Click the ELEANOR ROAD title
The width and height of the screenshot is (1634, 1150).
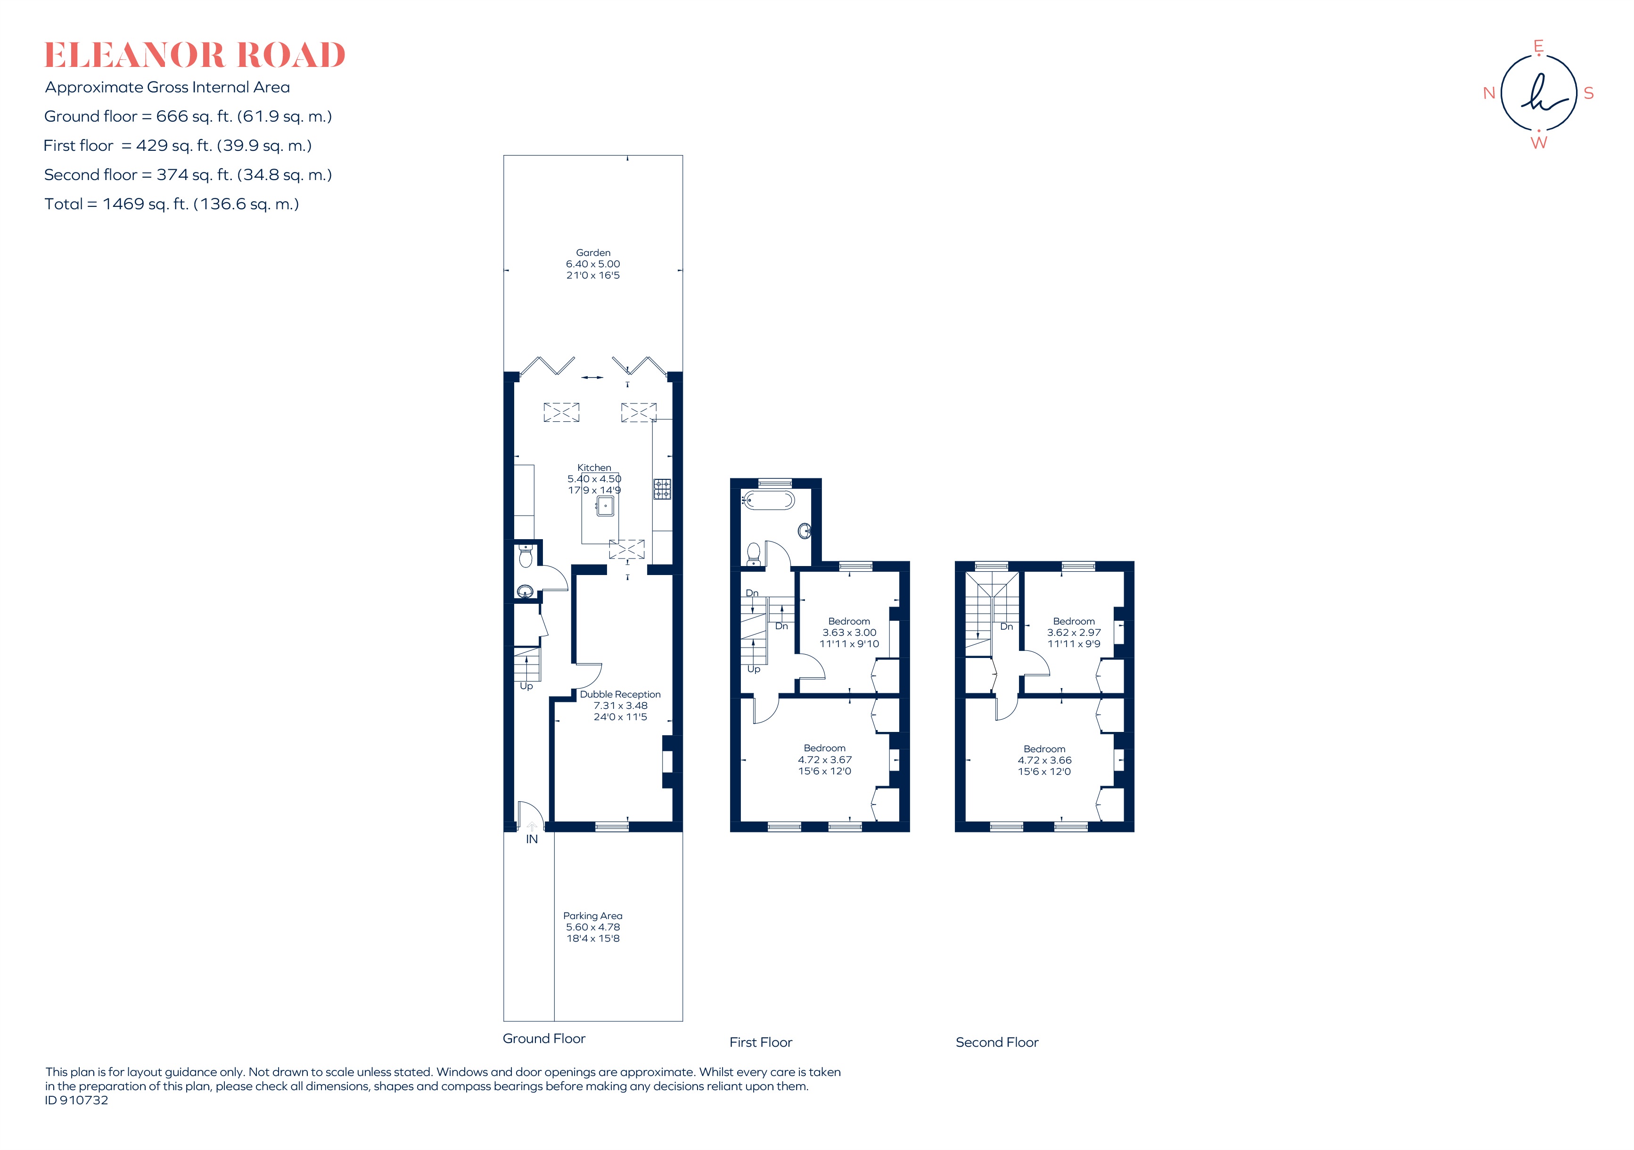194,56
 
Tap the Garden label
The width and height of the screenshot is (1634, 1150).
593,253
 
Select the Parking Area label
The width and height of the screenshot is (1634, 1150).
593,916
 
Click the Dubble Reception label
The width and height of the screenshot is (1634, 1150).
620,695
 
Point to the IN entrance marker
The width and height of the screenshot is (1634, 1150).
532,840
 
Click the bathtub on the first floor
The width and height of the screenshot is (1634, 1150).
769,500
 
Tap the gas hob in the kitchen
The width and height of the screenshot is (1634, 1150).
662,489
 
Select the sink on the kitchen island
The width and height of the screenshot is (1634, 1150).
605,506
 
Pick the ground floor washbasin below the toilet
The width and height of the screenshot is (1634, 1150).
525,591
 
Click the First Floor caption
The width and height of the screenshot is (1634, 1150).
761,1043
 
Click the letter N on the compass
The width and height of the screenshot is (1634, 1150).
1489,93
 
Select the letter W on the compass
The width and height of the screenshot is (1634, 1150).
1539,143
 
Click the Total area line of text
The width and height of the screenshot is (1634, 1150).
172,204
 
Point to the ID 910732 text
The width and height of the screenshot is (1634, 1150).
77,1100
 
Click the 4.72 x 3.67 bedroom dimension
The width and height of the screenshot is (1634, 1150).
825,760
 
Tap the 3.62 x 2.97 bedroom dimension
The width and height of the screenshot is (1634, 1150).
1074,632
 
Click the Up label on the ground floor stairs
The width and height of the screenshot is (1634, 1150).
526,687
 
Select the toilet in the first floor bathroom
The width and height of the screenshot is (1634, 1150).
754,553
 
